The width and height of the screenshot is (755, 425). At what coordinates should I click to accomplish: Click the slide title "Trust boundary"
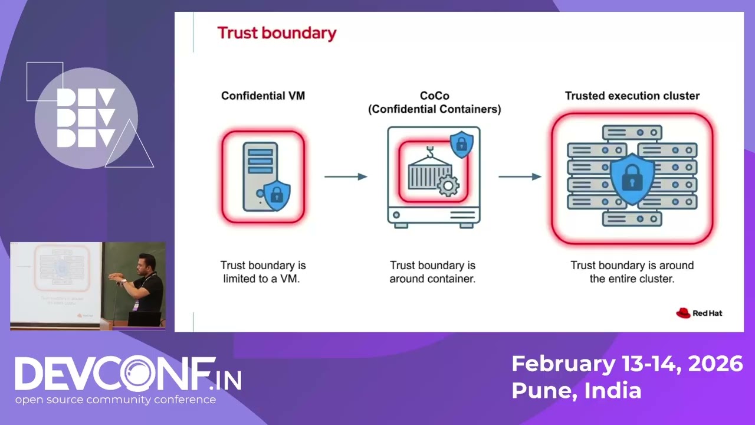pos(277,33)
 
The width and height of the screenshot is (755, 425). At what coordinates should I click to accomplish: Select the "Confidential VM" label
pos(263,96)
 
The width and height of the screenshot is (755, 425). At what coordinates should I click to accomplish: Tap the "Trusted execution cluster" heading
pos(632,96)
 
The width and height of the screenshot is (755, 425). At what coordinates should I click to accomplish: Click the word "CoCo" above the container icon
pos(434,96)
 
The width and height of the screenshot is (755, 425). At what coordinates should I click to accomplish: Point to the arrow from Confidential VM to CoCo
pos(346,176)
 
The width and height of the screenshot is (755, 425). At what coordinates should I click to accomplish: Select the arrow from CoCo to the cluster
pos(520,176)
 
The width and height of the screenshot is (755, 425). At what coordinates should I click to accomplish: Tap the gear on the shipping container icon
pos(448,185)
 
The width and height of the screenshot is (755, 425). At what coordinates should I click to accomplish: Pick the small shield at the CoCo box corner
pos(461,144)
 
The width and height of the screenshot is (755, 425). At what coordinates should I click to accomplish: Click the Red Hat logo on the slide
pos(699,313)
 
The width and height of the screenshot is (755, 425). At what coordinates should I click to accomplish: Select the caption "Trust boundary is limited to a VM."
pos(263,272)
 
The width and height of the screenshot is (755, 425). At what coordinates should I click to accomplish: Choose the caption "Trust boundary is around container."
pos(432,272)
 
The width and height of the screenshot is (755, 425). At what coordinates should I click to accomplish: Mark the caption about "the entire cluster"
pos(632,272)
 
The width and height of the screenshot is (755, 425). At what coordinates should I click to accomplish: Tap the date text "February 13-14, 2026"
pos(626,364)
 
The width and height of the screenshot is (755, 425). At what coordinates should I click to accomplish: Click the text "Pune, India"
pos(576,390)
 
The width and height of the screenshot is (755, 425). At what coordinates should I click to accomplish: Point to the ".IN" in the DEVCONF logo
pos(226,380)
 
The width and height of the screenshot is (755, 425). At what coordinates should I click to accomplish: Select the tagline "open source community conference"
pos(116,400)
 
